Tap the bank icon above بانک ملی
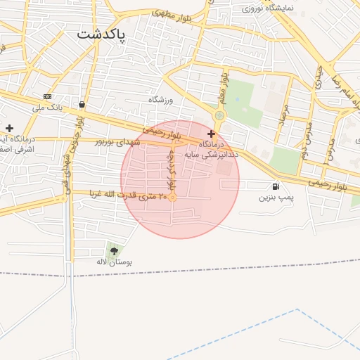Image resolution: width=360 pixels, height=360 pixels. click(47, 96)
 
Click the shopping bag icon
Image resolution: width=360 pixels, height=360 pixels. click(82, 104)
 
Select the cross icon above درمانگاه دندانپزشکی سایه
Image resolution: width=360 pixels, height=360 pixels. click(211, 133)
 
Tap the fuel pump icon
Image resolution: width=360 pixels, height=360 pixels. click(274, 186)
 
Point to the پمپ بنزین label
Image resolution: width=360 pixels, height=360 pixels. click(274, 197)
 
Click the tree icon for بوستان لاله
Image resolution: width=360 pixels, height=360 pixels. click(114, 250)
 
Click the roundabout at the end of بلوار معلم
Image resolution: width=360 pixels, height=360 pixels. click(219, 115)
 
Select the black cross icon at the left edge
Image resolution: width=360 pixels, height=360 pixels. click(9, 128)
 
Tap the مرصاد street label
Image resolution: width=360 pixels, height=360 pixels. click(283, 117)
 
